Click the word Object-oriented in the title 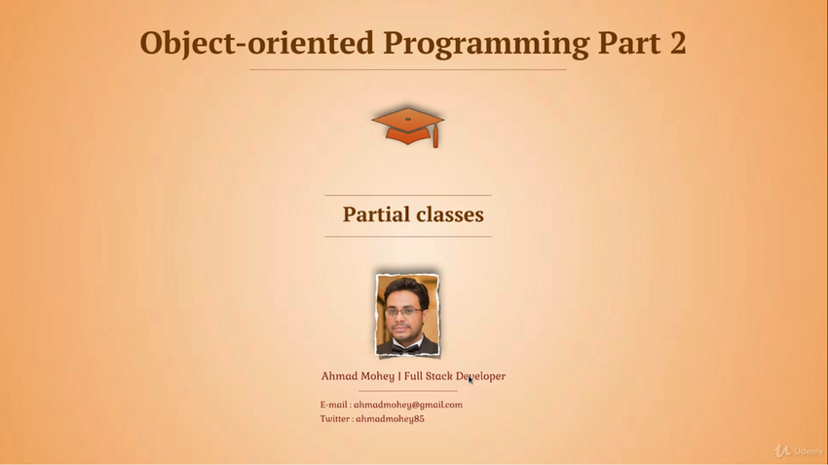[256, 43]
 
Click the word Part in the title [629, 43]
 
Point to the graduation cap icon [407, 127]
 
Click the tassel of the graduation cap [435, 136]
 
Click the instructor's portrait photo [407, 315]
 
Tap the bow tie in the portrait [405, 349]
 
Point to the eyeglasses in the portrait [403, 312]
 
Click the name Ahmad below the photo [338, 376]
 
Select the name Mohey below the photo [377, 376]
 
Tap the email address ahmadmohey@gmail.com [408, 405]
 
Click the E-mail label [334, 405]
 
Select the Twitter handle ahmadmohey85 [390, 419]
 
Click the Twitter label [335, 419]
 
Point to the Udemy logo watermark [799, 450]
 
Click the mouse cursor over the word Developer [470, 379]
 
